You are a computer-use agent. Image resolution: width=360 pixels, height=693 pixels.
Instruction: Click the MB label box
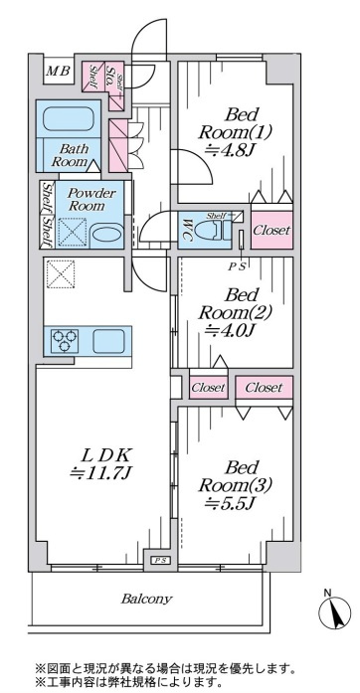pos(59,71)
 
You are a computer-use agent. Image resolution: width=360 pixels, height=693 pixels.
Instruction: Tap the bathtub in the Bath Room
pos(68,120)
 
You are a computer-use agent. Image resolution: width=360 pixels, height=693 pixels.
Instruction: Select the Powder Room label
pos(91,200)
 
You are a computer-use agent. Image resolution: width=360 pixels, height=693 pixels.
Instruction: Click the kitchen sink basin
pos(108,341)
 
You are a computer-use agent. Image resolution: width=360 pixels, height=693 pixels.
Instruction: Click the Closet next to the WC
pos(272,230)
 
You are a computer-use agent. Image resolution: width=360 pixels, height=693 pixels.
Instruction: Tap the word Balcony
pos(146,600)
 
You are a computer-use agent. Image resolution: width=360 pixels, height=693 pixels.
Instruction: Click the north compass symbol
pos(334,612)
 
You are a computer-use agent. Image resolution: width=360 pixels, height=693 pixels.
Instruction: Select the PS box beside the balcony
pos(159,561)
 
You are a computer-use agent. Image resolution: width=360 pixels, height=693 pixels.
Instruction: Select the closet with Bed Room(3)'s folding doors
pos(264,388)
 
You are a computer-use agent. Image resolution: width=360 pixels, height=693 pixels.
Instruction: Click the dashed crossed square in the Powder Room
pos(73,232)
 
